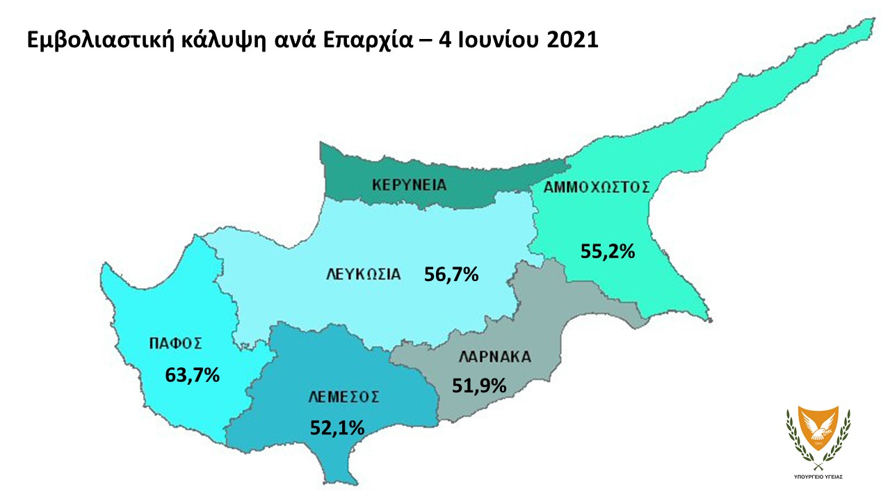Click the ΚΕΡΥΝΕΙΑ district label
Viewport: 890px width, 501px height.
coord(409,185)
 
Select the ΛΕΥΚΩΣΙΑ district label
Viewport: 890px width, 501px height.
coord(363,274)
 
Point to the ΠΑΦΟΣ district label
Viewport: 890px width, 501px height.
coord(175,342)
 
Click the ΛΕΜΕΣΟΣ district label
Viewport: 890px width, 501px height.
coord(343,397)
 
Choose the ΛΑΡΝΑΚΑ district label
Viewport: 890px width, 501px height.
coord(495,358)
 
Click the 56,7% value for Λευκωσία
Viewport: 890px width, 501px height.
coord(451,275)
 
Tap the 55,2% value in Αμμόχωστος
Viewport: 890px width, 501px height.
coord(608,250)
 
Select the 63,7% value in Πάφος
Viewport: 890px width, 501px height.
coord(193,375)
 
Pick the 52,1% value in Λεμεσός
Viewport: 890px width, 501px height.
coord(337,427)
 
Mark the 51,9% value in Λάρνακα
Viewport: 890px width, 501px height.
coord(478,385)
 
